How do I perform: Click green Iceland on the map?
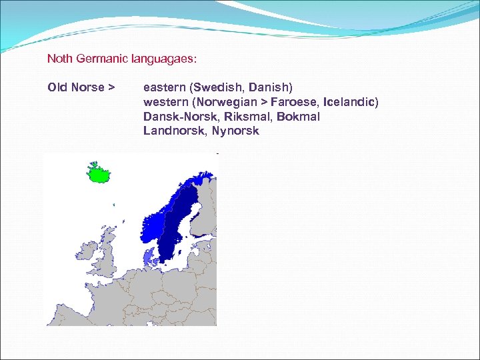pyautogui.click(x=99, y=173)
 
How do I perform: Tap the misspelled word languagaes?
pyautogui.click(x=166, y=59)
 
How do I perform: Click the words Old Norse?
pyautogui.click(x=76, y=87)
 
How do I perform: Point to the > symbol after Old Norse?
pyautogui.click(x=111, y=87)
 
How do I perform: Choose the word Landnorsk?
pyautogui.click(x=175, y=131)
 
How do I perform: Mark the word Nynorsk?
pyautogui.click(x=235, y=131)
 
